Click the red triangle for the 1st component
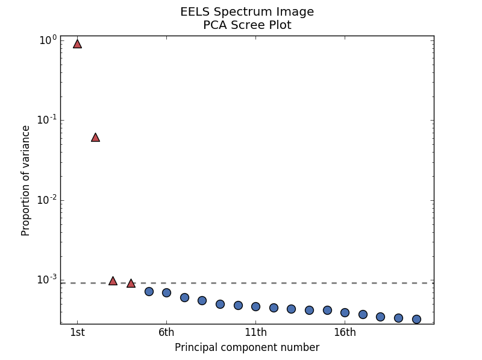click(77, 43)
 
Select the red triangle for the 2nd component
click(95, 137)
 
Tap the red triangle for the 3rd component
click(113, 281)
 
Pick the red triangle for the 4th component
click(131, 283)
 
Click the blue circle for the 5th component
click(149, 291)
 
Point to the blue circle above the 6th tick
click(166, 292)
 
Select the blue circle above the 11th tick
click(255, 306)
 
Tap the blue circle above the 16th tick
click(345, 312)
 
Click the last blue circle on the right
click(416, 319)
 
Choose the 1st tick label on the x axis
click(77, 332)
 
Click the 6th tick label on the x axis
click(166, 332)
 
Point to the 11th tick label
click(255, 332)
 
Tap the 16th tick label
click(345, 332)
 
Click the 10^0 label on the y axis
click(48, 40)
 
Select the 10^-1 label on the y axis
click(47, 119)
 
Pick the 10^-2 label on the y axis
click(47, 200)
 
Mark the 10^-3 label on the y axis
click(47, 279)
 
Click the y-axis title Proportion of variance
click(26, 180)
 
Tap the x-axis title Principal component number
click(247, 347)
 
